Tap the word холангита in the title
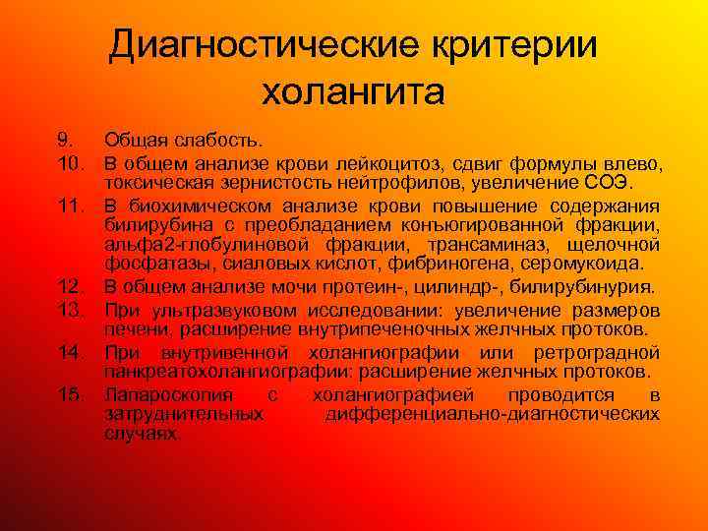click(353, 93)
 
